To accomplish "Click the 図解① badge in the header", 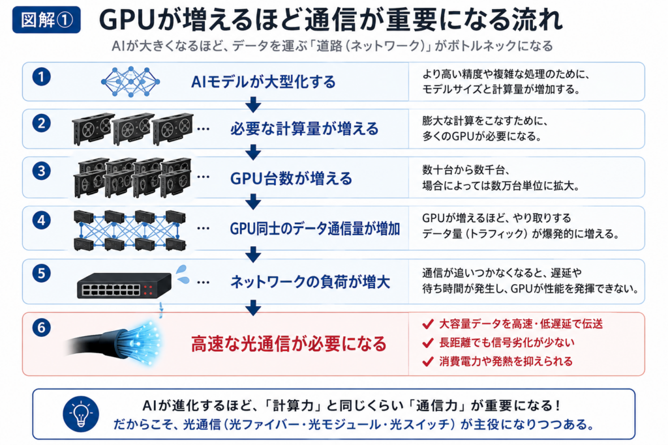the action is (x=46, y=20).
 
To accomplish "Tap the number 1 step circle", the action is (x=41, y=77).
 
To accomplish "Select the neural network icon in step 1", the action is (x=130, y=81).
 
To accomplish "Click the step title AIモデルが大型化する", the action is (x=264, y=81).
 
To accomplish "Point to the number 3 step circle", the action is (x=41, y=171).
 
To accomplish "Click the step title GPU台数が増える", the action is (x=292, y=179).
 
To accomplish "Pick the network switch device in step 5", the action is (x=124, y=285).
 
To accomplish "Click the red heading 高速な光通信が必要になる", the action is (x=288, y=344).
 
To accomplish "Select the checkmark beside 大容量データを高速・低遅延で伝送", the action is (x=428, y=324).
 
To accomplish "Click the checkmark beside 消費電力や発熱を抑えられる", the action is (x=428, y=362).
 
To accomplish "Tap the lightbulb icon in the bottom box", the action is (x=81, y=414).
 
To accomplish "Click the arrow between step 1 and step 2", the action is (x=253, y=105).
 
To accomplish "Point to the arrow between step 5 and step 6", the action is (x=253, y=308).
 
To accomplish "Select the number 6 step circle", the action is (x=41, y=328).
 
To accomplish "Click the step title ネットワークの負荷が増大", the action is (x=310, y=282).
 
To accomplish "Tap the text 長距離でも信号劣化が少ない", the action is (x=506, y=343).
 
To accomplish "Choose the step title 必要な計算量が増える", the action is (x=304, y=128).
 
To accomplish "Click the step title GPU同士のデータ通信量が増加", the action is (x=315, y=229).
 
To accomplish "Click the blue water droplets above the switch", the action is (x=183, y=274).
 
